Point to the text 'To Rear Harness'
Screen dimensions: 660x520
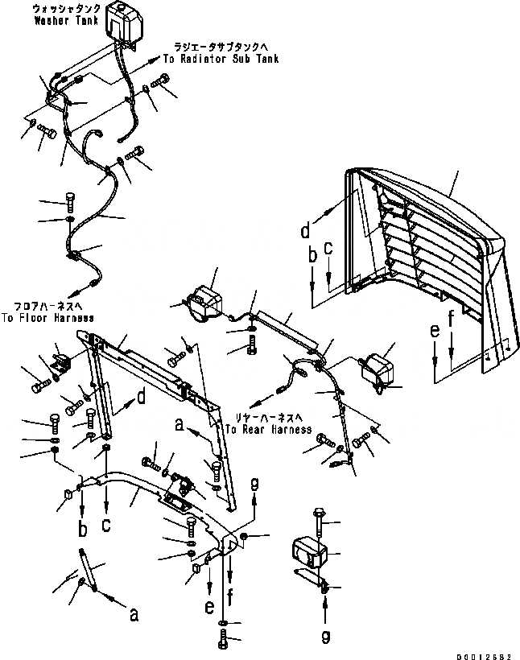pos(268,430)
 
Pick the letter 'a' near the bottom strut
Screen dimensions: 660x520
pos(134,615)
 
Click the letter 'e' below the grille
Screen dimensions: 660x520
pos(435,331)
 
